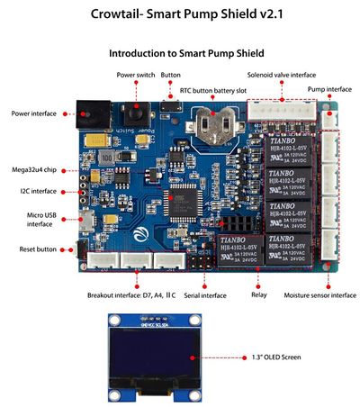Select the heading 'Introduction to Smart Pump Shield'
(180, 53)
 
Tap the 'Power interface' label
(33, 113)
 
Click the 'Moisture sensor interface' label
(319, 294)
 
